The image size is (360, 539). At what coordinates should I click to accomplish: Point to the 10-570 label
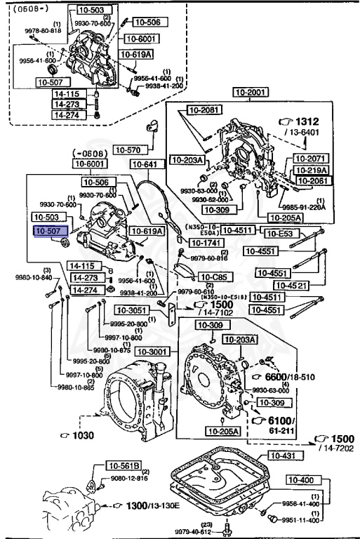(x=129, y=149)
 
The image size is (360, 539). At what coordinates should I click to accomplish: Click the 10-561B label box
(x=124, y=465)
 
